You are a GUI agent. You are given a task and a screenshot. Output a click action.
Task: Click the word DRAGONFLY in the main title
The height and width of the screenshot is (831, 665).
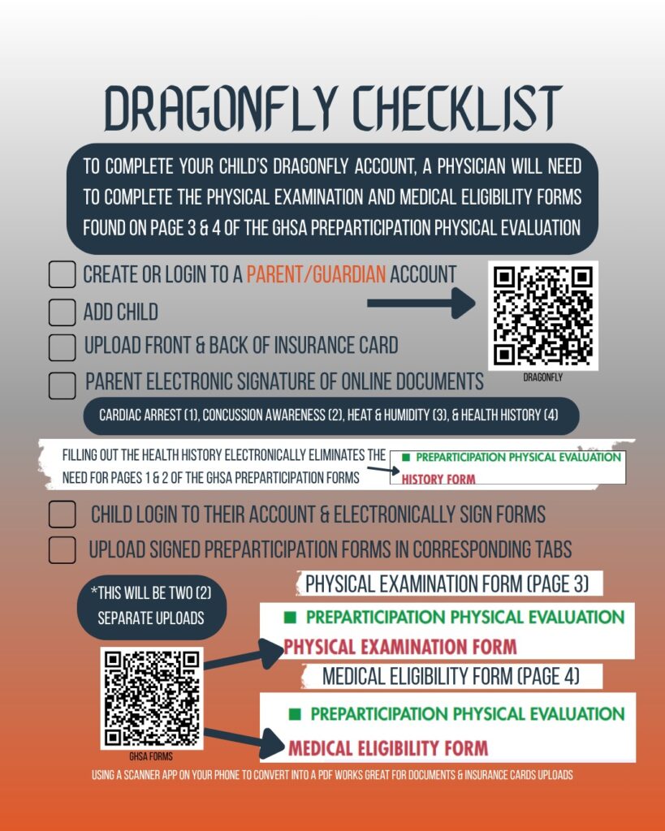point(221,108)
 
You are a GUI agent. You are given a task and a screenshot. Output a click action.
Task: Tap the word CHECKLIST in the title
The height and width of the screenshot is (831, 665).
point(458,108)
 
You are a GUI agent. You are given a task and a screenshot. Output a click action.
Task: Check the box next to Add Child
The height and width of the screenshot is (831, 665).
point(62,312)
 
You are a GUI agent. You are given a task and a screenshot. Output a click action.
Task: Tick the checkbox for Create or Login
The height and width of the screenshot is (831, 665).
point(62,274)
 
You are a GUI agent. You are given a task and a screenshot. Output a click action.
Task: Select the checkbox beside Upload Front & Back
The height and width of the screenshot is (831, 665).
point(62,347)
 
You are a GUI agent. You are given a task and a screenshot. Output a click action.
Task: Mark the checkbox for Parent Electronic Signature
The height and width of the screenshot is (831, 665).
point(62,385)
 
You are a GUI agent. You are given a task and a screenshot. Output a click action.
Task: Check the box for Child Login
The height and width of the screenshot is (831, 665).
point(62,515)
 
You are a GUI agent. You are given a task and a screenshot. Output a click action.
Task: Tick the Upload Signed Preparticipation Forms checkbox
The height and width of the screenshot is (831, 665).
point(62,550)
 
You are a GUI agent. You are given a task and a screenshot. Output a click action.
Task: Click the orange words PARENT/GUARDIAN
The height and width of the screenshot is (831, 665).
point(316,274)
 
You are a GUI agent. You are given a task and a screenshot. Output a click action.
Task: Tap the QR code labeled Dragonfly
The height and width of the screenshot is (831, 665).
point(543,316)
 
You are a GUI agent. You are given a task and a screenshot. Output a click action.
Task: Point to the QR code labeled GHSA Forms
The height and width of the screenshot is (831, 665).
point(152,699)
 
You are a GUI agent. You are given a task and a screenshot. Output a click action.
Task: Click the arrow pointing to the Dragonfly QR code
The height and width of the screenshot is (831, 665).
point(421,304)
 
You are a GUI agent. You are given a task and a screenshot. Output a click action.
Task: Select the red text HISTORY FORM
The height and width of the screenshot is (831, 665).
point(438,479)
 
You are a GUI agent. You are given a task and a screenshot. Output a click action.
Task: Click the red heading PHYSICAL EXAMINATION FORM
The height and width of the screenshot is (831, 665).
point(400,647)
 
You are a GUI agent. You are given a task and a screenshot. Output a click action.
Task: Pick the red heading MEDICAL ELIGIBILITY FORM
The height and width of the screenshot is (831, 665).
point(388,747)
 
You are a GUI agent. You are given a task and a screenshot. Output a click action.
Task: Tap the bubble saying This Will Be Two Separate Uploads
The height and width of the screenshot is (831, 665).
point(152,606)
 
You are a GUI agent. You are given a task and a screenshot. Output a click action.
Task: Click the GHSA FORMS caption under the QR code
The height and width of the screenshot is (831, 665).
point(151,756)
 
